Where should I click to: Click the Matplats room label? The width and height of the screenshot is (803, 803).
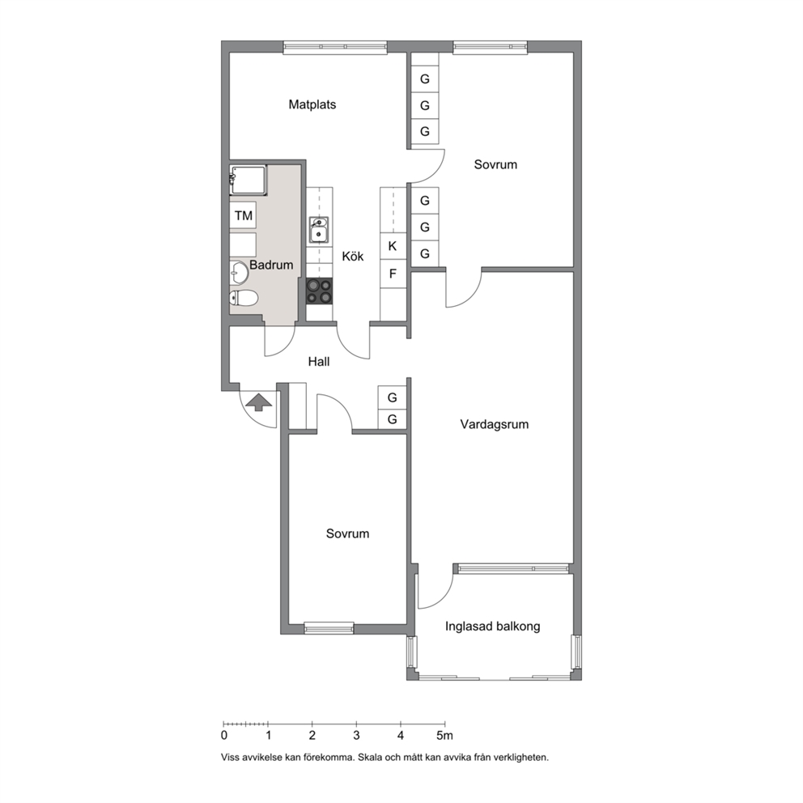point(312,104)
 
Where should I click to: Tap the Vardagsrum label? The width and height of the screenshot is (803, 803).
point(495,424)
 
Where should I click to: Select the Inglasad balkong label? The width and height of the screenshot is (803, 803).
point(493,627)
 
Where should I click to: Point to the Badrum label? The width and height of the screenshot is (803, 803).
point(271,265)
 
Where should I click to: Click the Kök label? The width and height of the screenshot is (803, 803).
point(353,256)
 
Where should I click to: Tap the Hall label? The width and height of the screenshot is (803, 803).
point(319,362)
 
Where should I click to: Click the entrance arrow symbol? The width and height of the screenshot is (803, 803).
point(259,402)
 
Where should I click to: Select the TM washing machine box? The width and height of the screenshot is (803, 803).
point(244,215)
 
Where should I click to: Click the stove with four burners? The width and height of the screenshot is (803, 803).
point(319,291)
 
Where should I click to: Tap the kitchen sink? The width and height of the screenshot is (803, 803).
point(319,229)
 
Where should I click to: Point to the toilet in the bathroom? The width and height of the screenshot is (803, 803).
point(244,298)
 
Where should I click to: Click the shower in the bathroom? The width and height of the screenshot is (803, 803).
point(249,181)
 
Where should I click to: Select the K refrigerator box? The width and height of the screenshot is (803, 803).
point(393,246)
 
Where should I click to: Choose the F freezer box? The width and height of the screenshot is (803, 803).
point(393,274)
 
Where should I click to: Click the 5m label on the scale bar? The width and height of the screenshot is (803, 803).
point(444,736)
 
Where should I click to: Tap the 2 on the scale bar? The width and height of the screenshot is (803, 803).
point(312,736)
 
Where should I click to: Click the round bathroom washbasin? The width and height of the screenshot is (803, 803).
point(239,273)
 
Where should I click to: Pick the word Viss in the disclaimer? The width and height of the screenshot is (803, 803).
point(229,757)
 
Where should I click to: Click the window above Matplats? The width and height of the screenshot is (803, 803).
point(335,47)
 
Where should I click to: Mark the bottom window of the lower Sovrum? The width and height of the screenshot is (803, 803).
point(329,628)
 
